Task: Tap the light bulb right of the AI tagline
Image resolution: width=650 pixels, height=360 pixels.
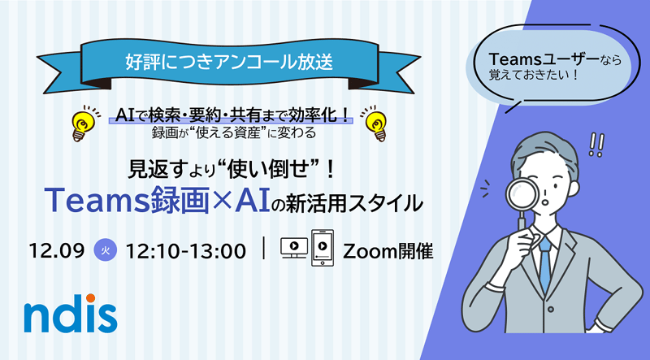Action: [375, 121]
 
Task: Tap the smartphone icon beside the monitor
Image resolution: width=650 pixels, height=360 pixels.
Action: [323, 249]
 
